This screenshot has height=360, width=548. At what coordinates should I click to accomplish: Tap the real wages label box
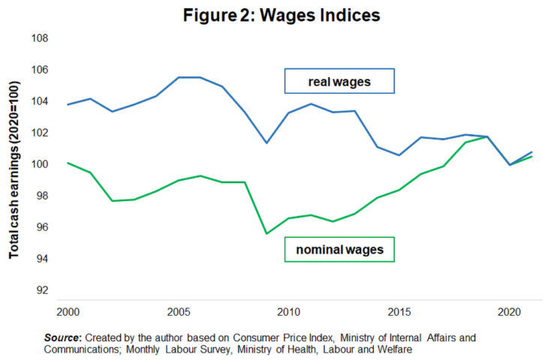339,82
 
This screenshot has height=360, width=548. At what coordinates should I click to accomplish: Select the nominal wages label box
339,250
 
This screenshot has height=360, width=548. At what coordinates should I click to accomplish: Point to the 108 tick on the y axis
38,38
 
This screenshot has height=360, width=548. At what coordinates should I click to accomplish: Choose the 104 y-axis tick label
38,101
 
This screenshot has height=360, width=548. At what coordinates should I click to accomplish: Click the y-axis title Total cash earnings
14,171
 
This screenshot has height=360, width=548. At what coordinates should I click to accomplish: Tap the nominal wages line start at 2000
68,163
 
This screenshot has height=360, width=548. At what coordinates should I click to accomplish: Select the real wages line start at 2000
68,104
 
